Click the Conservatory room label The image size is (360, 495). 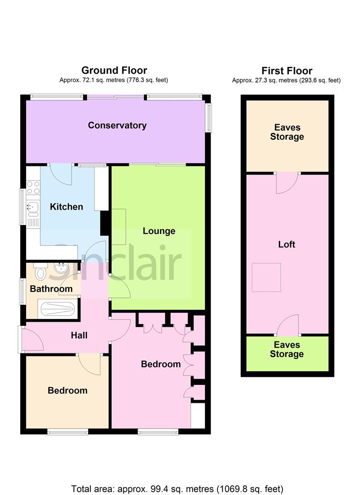(x=117, y=125)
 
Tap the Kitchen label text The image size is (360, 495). (x=66, y=207)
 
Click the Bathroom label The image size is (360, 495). (x=51, y=289)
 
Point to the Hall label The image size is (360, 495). (x=79, y=335)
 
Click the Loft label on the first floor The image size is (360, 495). (x=287, y=244)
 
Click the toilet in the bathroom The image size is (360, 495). (x=40, y=273)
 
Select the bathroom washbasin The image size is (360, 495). (x=60, y=268)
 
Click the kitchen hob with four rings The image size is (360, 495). (x=33, y=188)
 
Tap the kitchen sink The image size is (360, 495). (x=33, y=210)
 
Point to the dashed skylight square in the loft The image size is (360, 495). (x=266, y=277)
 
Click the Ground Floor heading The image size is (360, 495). (x=114, y=71)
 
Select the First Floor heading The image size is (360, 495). (x=287, y=71)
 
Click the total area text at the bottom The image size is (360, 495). (x=177, y=488)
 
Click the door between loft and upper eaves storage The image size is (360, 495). (x=287, y=182)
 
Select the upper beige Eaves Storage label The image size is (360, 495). (x=287, y=132)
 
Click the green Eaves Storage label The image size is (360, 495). (x=287, y=349)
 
